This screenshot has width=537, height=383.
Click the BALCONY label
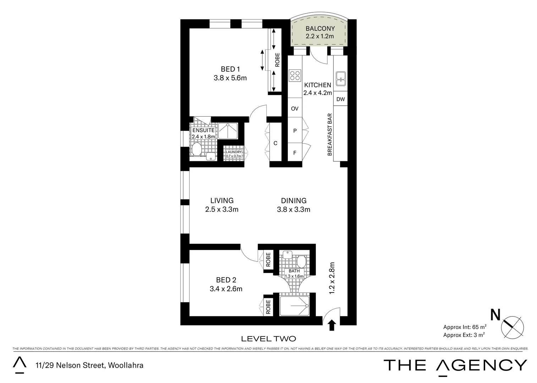click(320, 28)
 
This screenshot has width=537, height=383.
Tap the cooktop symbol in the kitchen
click(295, 76)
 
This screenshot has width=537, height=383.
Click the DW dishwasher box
click(340, 99)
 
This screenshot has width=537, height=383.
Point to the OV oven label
click(295, 109)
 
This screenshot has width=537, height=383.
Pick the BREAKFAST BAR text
click(330, 134)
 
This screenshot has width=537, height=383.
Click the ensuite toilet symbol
click(196, 149)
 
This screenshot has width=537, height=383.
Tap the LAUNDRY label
click(234, 152)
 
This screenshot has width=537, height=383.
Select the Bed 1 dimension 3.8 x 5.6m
click(230, 78)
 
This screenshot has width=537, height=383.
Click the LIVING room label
click(221, 201)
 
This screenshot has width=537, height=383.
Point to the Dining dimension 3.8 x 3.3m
click(294, 210)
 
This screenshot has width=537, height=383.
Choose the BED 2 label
click(226, 280)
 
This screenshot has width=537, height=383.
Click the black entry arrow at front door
click(332, 325)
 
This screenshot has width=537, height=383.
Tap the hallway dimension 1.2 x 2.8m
click(332, 278)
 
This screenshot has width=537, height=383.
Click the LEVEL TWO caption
click(268, 339)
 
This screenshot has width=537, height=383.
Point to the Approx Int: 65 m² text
click(464, 327)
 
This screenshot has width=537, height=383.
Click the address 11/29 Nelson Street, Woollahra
click(89, 365)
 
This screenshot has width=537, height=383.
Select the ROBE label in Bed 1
click(277, 60)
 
